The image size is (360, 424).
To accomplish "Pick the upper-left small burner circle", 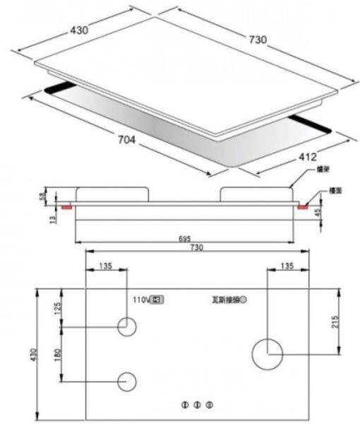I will click(127, 326).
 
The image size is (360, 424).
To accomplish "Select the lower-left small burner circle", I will click(127, 380).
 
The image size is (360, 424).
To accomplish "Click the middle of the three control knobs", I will click(198, 404).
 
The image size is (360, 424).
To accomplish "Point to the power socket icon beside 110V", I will click(158, 300).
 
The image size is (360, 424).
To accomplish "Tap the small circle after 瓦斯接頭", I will click(244, 300).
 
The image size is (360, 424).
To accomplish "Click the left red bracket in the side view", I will click(66, 208).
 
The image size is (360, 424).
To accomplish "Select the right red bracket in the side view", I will click(303, 208).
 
